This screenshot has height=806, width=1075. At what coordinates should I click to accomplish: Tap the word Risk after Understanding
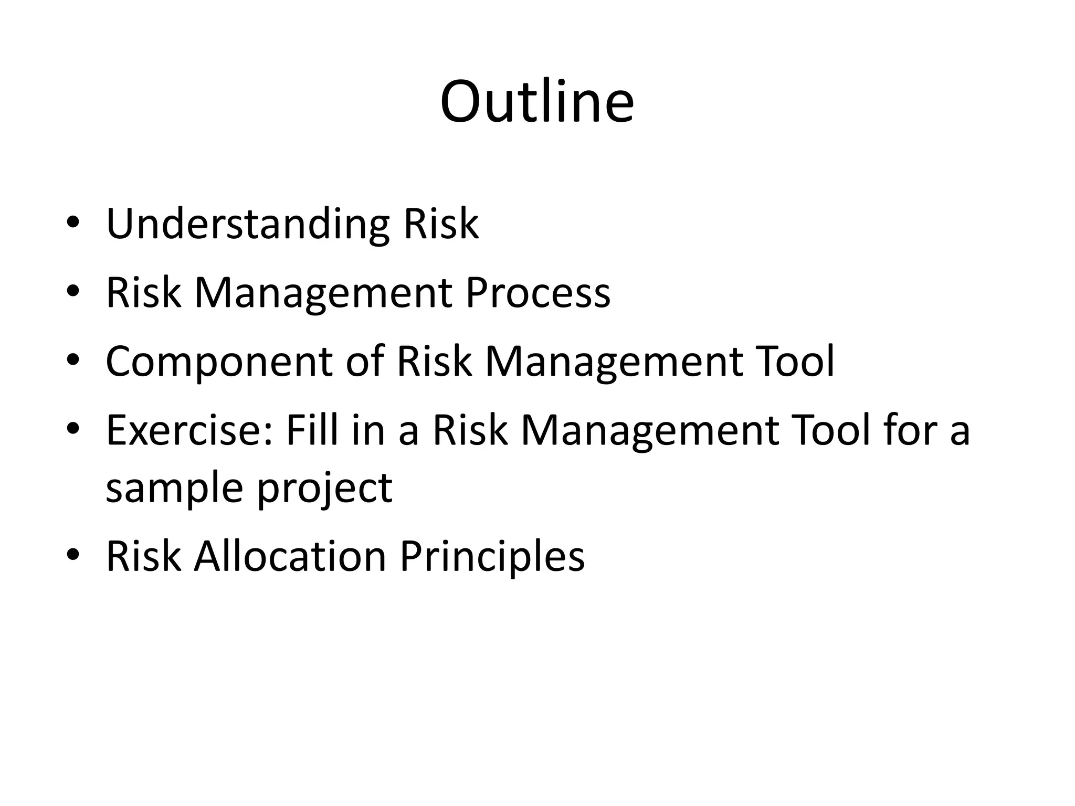(x=441, y=224)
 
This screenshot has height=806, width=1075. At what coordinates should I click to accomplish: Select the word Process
(x=538, y=293)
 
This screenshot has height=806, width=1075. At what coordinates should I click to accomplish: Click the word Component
(x=219, y=362)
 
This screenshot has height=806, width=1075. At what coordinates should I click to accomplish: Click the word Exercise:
(x=189, y=430)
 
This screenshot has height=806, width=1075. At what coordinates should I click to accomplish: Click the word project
(x=324, y=488)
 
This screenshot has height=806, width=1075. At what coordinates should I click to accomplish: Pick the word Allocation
(x=290, y=556)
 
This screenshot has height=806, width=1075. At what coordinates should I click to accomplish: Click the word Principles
(x=492, y=556)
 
